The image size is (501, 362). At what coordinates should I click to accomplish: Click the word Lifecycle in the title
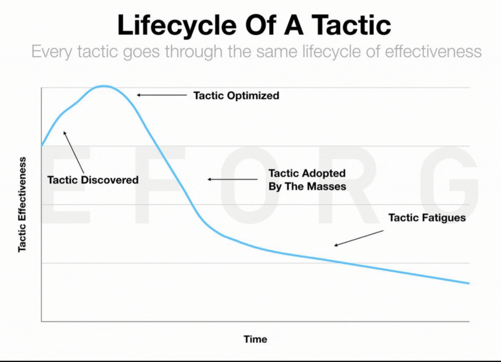pos(177,26)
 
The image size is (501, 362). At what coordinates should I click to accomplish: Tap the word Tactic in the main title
pos(351,24)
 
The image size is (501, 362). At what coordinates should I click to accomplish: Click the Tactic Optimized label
pos(236,95)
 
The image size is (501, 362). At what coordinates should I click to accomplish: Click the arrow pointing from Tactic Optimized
pos(162,95)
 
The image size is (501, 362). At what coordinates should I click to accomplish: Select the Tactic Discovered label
pos(92,180)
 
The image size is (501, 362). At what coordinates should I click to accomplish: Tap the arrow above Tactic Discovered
pos(73,152)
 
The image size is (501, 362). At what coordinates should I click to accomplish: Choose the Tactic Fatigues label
pos(427,218)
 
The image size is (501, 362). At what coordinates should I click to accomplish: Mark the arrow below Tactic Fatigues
pos(359,238)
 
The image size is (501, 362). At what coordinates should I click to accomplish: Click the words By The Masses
pos(307,187)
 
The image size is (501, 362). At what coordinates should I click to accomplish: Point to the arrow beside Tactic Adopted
pos(232,179)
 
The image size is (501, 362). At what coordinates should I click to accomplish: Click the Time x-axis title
pos(255,339)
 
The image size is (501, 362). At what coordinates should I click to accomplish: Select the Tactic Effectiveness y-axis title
pos(22,205)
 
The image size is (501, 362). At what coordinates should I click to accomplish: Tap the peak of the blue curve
pos(103,86)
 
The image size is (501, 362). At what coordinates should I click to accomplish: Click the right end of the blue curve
pos(468,283)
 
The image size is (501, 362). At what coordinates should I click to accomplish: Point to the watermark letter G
pos(450,184)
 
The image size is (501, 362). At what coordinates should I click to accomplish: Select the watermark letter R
pos(351,184)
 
